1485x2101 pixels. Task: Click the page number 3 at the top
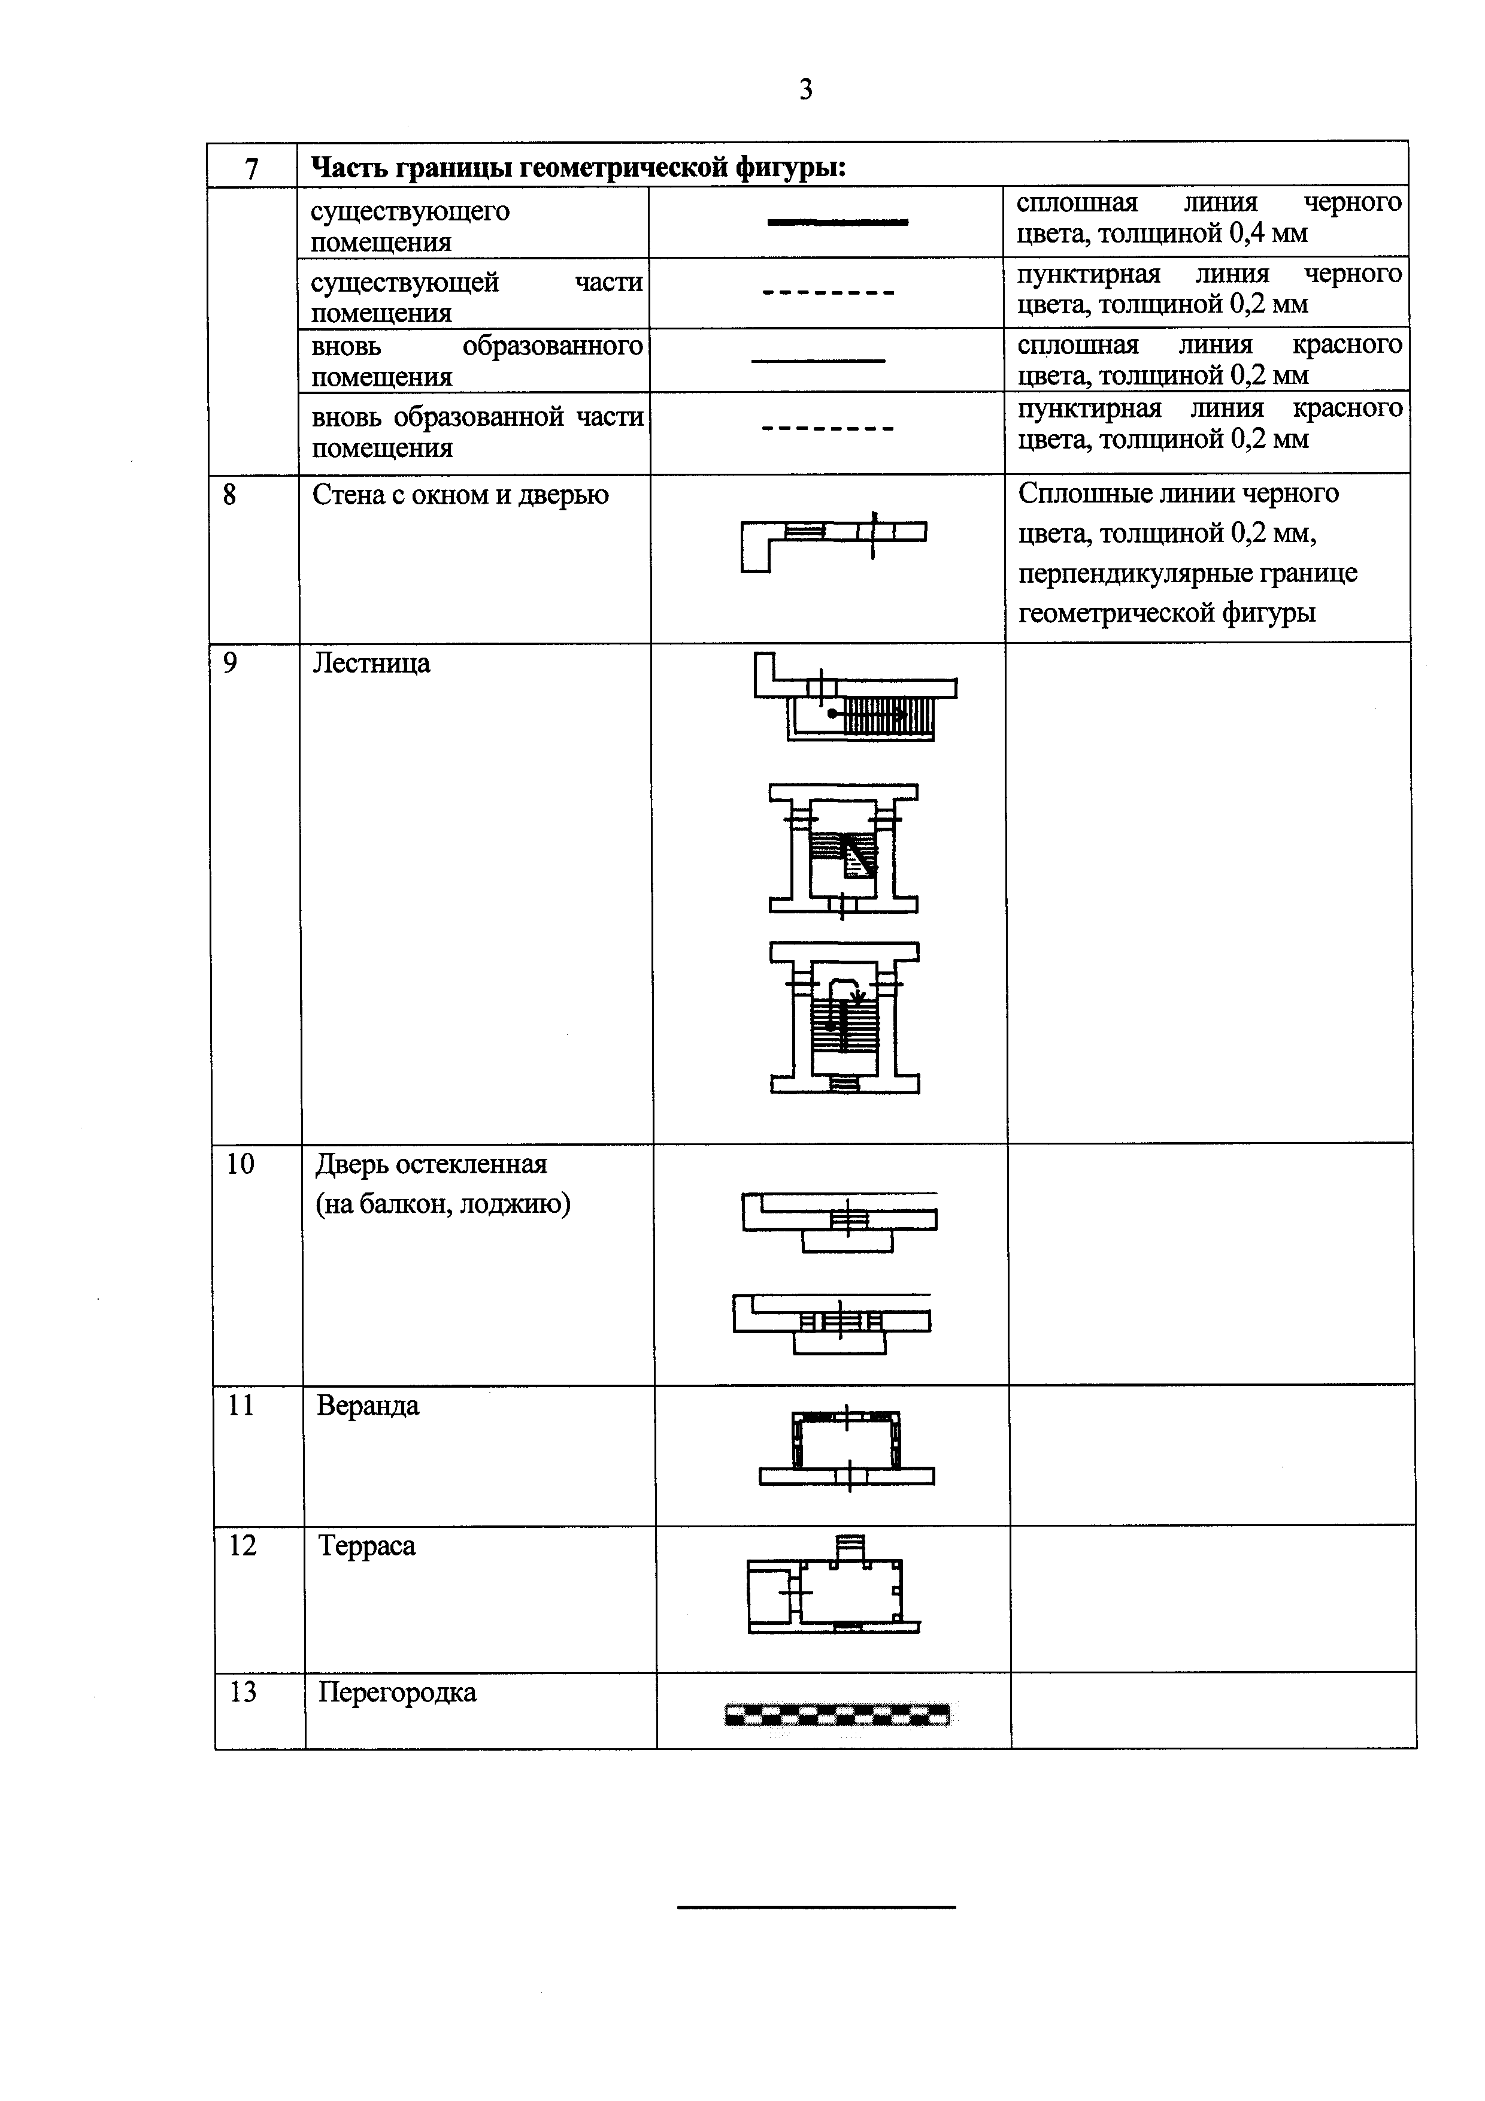tap(805, 90)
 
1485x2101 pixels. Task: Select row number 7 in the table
tap(251, 168)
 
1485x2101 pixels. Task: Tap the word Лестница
tap(371, 662)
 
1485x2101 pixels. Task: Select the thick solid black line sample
tap(837, 222)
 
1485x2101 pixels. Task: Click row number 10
tap(241, 1164)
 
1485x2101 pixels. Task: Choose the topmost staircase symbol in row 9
tap(856, 697)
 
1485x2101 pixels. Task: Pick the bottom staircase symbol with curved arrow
tap(844, 1018)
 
